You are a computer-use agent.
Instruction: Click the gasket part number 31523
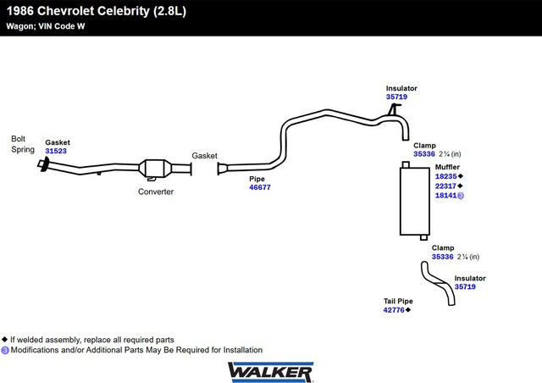click(56, 151)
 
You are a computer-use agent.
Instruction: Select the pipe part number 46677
click(260, 187)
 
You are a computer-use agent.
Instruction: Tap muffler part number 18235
click(446, 176)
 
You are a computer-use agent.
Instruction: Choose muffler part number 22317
click(446, 186)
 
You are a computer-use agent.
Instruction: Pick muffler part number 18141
click(446, 196)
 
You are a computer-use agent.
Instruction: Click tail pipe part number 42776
click(394, 310)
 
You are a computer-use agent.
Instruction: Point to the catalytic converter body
click(155, 169)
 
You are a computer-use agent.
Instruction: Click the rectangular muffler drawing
click(415, 201)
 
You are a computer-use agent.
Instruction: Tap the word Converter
click(156, 191)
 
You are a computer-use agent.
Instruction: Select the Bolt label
click(19, 139)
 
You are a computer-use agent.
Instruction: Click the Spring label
click(23, 149)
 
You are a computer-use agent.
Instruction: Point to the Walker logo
click(270, 372)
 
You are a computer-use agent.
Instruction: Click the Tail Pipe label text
click(398, 301)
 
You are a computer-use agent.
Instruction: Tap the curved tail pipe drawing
click(438, 283)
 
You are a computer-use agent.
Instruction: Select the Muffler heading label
click(447, 167)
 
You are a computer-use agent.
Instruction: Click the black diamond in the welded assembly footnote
click(4, 339)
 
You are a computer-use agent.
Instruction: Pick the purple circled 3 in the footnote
click(5, 350)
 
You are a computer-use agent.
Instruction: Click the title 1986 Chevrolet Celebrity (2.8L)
click(97, 11)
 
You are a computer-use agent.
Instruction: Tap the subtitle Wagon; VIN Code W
click(45, 26)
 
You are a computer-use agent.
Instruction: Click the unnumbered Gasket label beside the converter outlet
click(205, 156)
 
